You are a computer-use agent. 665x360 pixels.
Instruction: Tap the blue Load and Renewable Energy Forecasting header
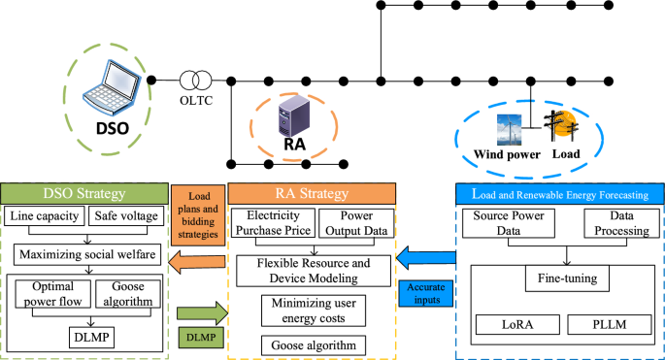[x=560, y=192]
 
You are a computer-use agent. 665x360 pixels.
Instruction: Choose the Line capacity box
[x=47, y=216]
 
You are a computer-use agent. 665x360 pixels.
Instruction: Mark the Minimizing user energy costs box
[x=313, y=311]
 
